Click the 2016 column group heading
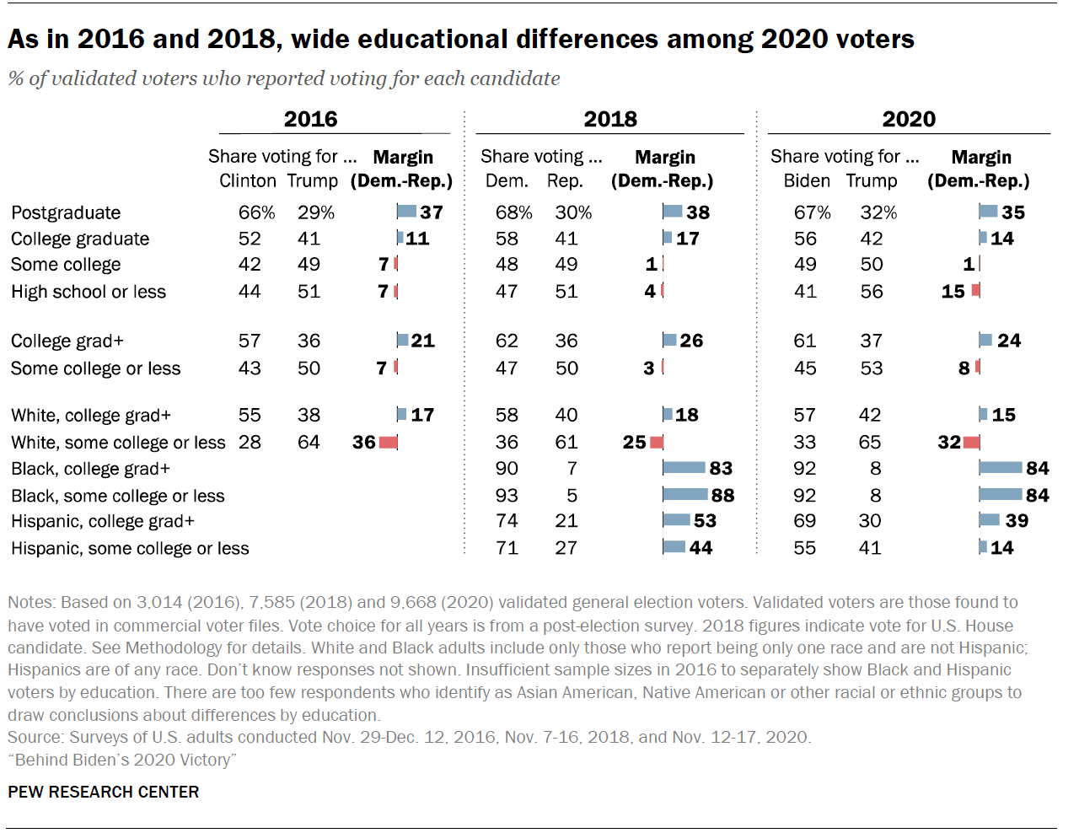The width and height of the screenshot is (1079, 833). (x=310, y=119)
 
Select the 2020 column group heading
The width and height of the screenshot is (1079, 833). (x=908, y=119)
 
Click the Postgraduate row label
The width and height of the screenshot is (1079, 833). (x=66, y=212)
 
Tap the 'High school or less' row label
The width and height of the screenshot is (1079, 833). (x=89, y=292)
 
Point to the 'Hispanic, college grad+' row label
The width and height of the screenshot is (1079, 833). (x=103, y=521)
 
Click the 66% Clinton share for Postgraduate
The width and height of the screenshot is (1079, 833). (x=256, y=212)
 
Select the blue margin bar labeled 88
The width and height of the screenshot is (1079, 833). (x=685, y=494)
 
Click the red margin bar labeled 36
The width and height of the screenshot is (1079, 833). (x=388, y=442)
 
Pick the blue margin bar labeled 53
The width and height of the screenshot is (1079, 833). (x=676, y=520)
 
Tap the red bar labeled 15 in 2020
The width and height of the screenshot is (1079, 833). (x=975, y=291)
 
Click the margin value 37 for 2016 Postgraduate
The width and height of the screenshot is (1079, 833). (x=432, y=212)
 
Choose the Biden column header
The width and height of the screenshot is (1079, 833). (x=806, y=180)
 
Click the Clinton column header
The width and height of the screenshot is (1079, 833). (x=247, y=180)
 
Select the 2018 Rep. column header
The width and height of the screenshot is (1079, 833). (x=564, y=180)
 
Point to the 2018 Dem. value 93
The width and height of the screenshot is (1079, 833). (x=507, y=495)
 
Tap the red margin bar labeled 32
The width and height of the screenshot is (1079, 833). (x=971, y=442)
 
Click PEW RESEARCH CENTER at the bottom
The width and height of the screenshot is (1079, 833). (x=104, y=792)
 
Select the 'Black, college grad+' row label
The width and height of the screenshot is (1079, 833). (x=90, y=469)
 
